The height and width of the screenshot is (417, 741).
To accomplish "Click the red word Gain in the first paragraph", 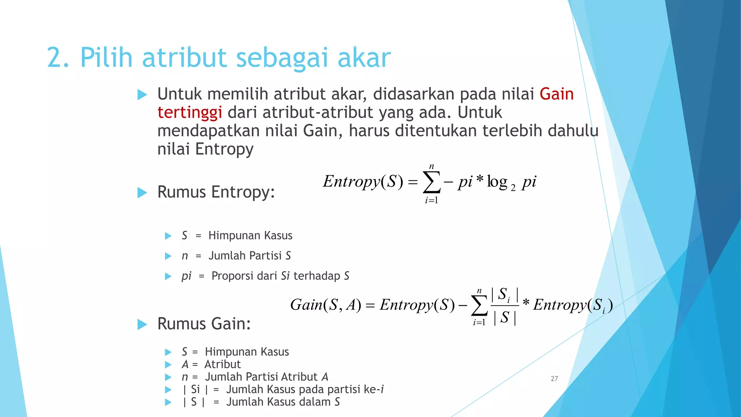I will (x=556, y=94).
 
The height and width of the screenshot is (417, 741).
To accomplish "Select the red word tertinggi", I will (x=190, y=113).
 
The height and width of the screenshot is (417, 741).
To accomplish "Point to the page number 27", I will (x=554, y=379).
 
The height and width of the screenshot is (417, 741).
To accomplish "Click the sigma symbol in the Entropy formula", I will (x=432, y=182).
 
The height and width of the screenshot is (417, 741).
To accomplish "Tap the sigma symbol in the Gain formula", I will (x=479, y=306).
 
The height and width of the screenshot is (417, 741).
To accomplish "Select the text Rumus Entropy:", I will (x=216, y=192).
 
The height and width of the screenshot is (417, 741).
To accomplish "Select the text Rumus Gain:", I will (x=204, y=324).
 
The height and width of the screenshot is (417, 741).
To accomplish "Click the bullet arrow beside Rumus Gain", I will (x=143, y=324).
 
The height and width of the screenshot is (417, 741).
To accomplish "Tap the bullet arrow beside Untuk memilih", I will (x=143, y=95).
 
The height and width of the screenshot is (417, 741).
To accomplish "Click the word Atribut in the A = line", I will (x=223, y=364).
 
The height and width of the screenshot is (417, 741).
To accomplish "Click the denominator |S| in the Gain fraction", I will (x=505, y=317).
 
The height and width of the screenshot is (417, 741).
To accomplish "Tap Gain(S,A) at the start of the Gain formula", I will (x=326, y=305).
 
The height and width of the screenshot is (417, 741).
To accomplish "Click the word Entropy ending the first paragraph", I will (x=224, y=149).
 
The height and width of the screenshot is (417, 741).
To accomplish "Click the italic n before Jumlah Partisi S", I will (x=185, y=256).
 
